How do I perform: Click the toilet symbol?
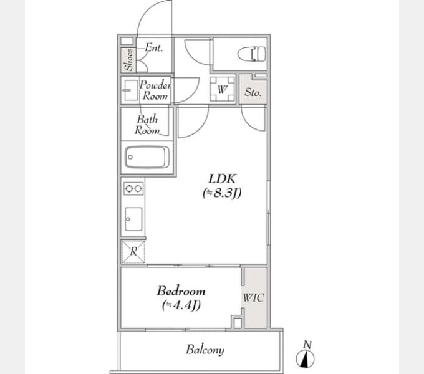(x=252, y=54)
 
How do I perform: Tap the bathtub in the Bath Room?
(x=147, y=157)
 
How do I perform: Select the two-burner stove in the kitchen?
(x=133, y=188)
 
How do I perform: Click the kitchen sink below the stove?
(x=133, y=219)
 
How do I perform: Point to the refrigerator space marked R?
(x=133, y=252)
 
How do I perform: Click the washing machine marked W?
(x=222, y=89)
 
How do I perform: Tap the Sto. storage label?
(x=253, y=92)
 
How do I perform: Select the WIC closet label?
(x=253, y=298)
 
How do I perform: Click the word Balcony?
(x=205, y=350)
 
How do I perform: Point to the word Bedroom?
(x=181, y=291)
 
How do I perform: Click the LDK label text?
(x=222, y=179)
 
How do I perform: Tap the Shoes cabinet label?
(x=128, y=60)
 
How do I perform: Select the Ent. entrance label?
(x=154, y=48)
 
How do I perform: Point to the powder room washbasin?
(x=130, y=90)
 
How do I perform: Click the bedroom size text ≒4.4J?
(x=181, y=305)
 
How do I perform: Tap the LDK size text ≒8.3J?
(x=222, y=193)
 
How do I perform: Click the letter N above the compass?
(x=307, y=345)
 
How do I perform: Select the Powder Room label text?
(x=155, y=90)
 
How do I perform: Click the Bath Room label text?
(x=147, y=125)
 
